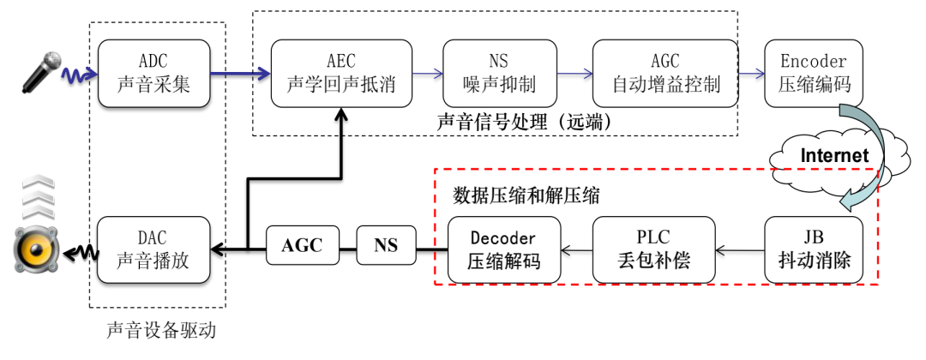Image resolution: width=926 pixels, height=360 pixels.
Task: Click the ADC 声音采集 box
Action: click(x=155, y=74)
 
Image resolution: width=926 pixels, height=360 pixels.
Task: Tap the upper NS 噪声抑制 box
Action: click(x=499, y=74)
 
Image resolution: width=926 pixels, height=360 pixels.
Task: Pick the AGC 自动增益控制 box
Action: click(x=665, y=74)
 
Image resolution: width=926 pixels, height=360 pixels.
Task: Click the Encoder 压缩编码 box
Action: click(x=813, y=74)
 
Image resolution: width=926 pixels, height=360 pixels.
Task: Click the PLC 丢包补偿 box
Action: click(x=653, y=249)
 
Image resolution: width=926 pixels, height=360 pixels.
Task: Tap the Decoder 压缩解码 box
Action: click(x=504, y=249)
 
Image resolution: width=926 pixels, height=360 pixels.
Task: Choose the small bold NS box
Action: click(x=386, y=246)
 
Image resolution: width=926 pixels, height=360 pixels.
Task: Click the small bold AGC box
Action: click(x=303, y=246)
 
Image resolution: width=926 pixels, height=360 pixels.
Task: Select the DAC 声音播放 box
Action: click(x=155, y=249)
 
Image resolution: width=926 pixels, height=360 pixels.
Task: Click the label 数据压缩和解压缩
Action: click(x=526, y=195)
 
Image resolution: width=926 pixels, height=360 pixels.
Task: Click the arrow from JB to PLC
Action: click(x=740, y=250)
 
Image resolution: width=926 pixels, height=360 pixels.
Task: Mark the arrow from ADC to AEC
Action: click(x=241, y=75)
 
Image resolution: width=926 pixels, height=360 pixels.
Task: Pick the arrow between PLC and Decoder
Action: click(x=576, y=250)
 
